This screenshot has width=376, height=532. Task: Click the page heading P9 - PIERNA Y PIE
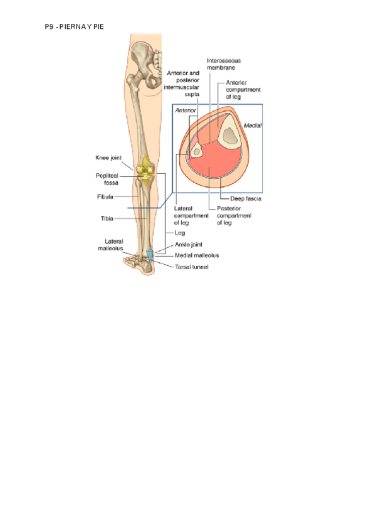coord(74,27)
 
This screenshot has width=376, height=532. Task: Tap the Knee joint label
coord(108,157)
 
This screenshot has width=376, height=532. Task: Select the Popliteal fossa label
coord(107,179)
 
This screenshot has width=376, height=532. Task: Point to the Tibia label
coord(107,218)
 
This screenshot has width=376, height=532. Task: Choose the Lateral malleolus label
coord(110,245)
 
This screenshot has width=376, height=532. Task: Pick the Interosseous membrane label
coord(224,63)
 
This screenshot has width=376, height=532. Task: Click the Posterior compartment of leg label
coord(234,215)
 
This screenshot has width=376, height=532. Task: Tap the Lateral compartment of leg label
coord(189,215)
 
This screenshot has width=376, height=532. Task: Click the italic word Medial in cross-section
coord(253,125)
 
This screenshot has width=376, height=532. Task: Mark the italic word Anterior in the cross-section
coord(186,110)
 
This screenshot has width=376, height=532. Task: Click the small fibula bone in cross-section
coord(196,151)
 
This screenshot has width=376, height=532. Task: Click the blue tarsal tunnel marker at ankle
coord(149,254)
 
